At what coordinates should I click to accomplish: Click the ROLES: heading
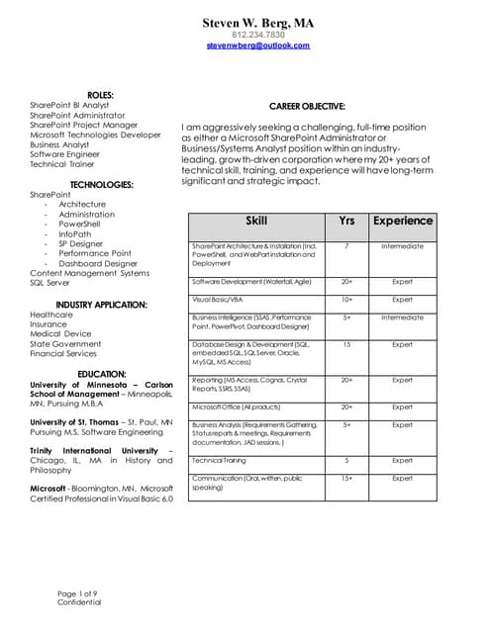tap(100, 94)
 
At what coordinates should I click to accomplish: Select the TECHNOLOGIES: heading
tap(101, 184)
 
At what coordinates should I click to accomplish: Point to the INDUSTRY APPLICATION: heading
tap(101, 304)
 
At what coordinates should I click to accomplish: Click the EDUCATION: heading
tap(101, 374)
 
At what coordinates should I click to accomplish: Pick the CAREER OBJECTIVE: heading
tap(307, 106)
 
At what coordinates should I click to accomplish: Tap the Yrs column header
tap(346, 222)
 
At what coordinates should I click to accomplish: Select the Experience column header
tap(402, 222)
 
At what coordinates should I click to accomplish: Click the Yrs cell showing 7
tap(346, 246)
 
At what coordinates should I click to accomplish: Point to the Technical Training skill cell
tap(221, 460)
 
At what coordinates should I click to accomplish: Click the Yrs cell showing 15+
tap(346, 479)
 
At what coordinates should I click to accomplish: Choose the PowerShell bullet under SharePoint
tap(79, 224)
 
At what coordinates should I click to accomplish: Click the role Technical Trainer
tap(61, 164)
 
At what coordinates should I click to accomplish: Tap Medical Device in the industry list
tap(60, 333)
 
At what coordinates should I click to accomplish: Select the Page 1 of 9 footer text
tap(76, 592)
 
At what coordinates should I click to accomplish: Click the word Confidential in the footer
tap(78, 602)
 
